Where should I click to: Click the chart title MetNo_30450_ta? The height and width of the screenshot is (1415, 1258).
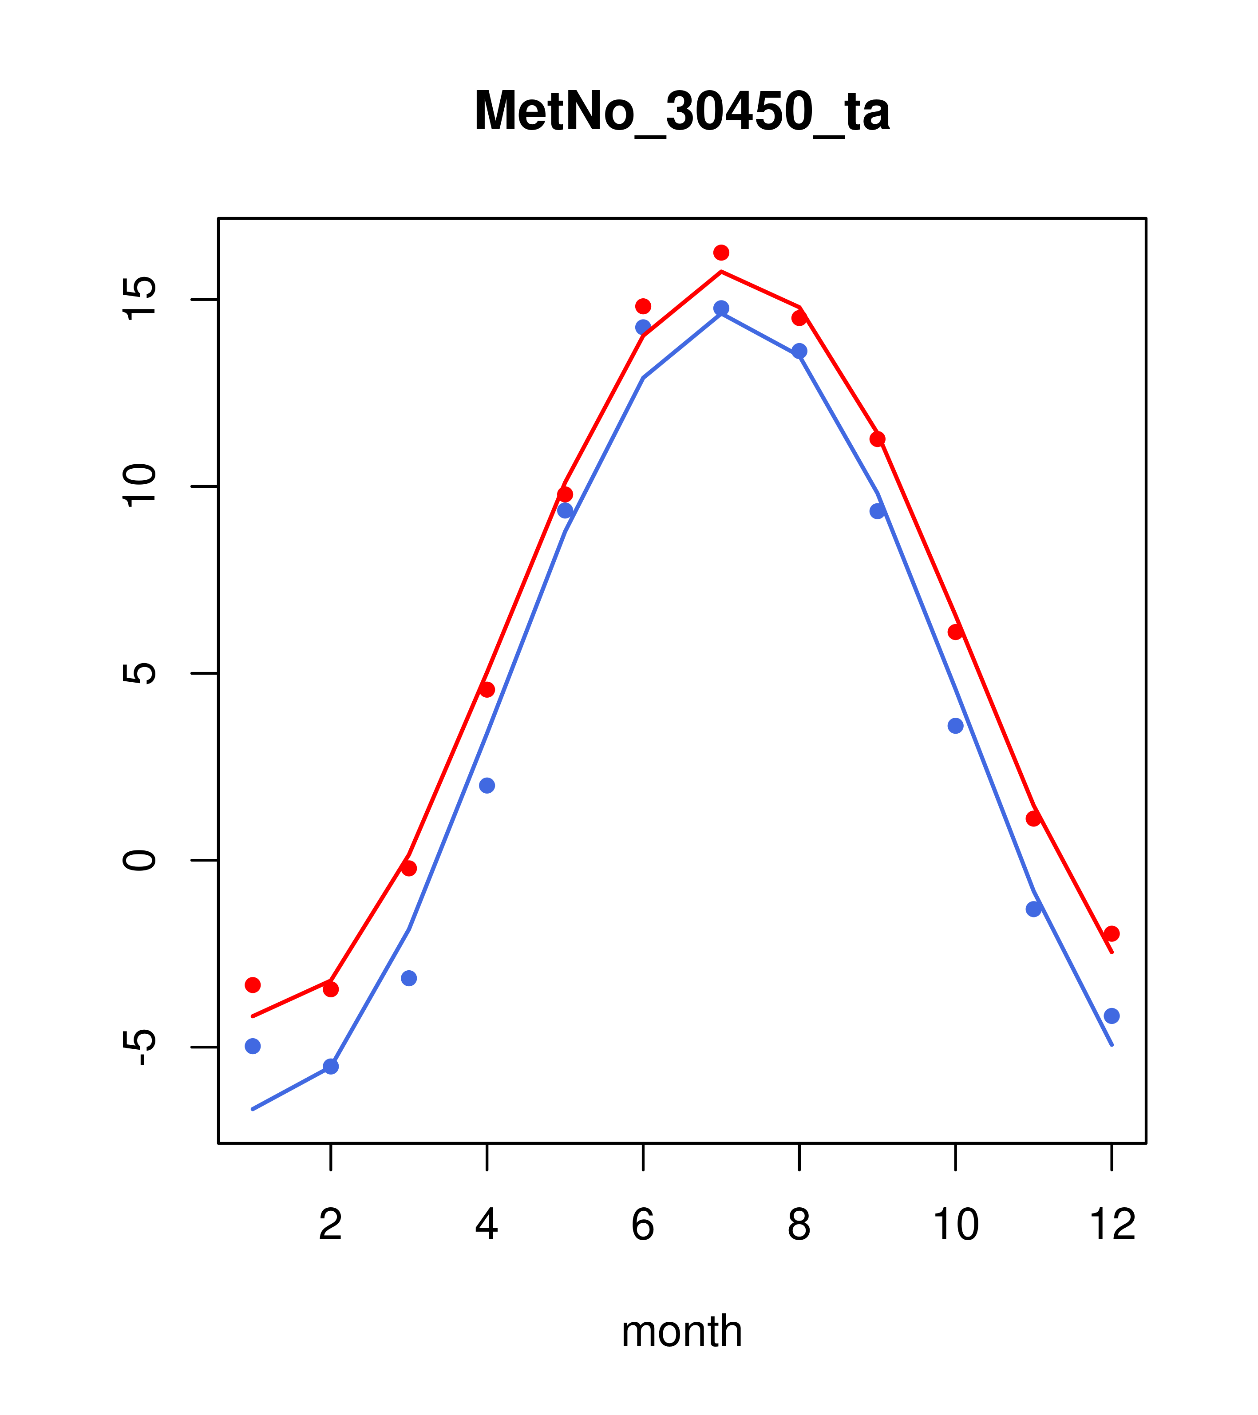(x=681, y=111)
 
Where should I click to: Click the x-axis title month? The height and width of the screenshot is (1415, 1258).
(x=681, y=1331)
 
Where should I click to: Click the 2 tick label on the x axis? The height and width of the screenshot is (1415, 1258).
(x=331, y=1225)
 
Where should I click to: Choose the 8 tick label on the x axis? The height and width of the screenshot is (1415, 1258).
(x=799, y=1225)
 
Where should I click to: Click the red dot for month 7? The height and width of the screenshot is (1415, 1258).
(x=721, y=253)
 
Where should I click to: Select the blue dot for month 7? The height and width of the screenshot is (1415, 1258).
(x=721, y=308)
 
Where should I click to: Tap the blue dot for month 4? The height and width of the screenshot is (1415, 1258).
(x=487, y=786)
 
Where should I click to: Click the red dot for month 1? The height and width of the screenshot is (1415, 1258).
(x=253, y=985)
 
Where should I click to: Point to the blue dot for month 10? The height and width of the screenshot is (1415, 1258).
(x=955, y=726)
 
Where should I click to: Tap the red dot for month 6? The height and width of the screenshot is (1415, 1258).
(x=643, y=306)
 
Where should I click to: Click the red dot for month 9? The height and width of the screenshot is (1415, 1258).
(x=877, y=439)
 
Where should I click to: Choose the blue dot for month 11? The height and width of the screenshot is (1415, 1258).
(x=1034, y=909)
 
